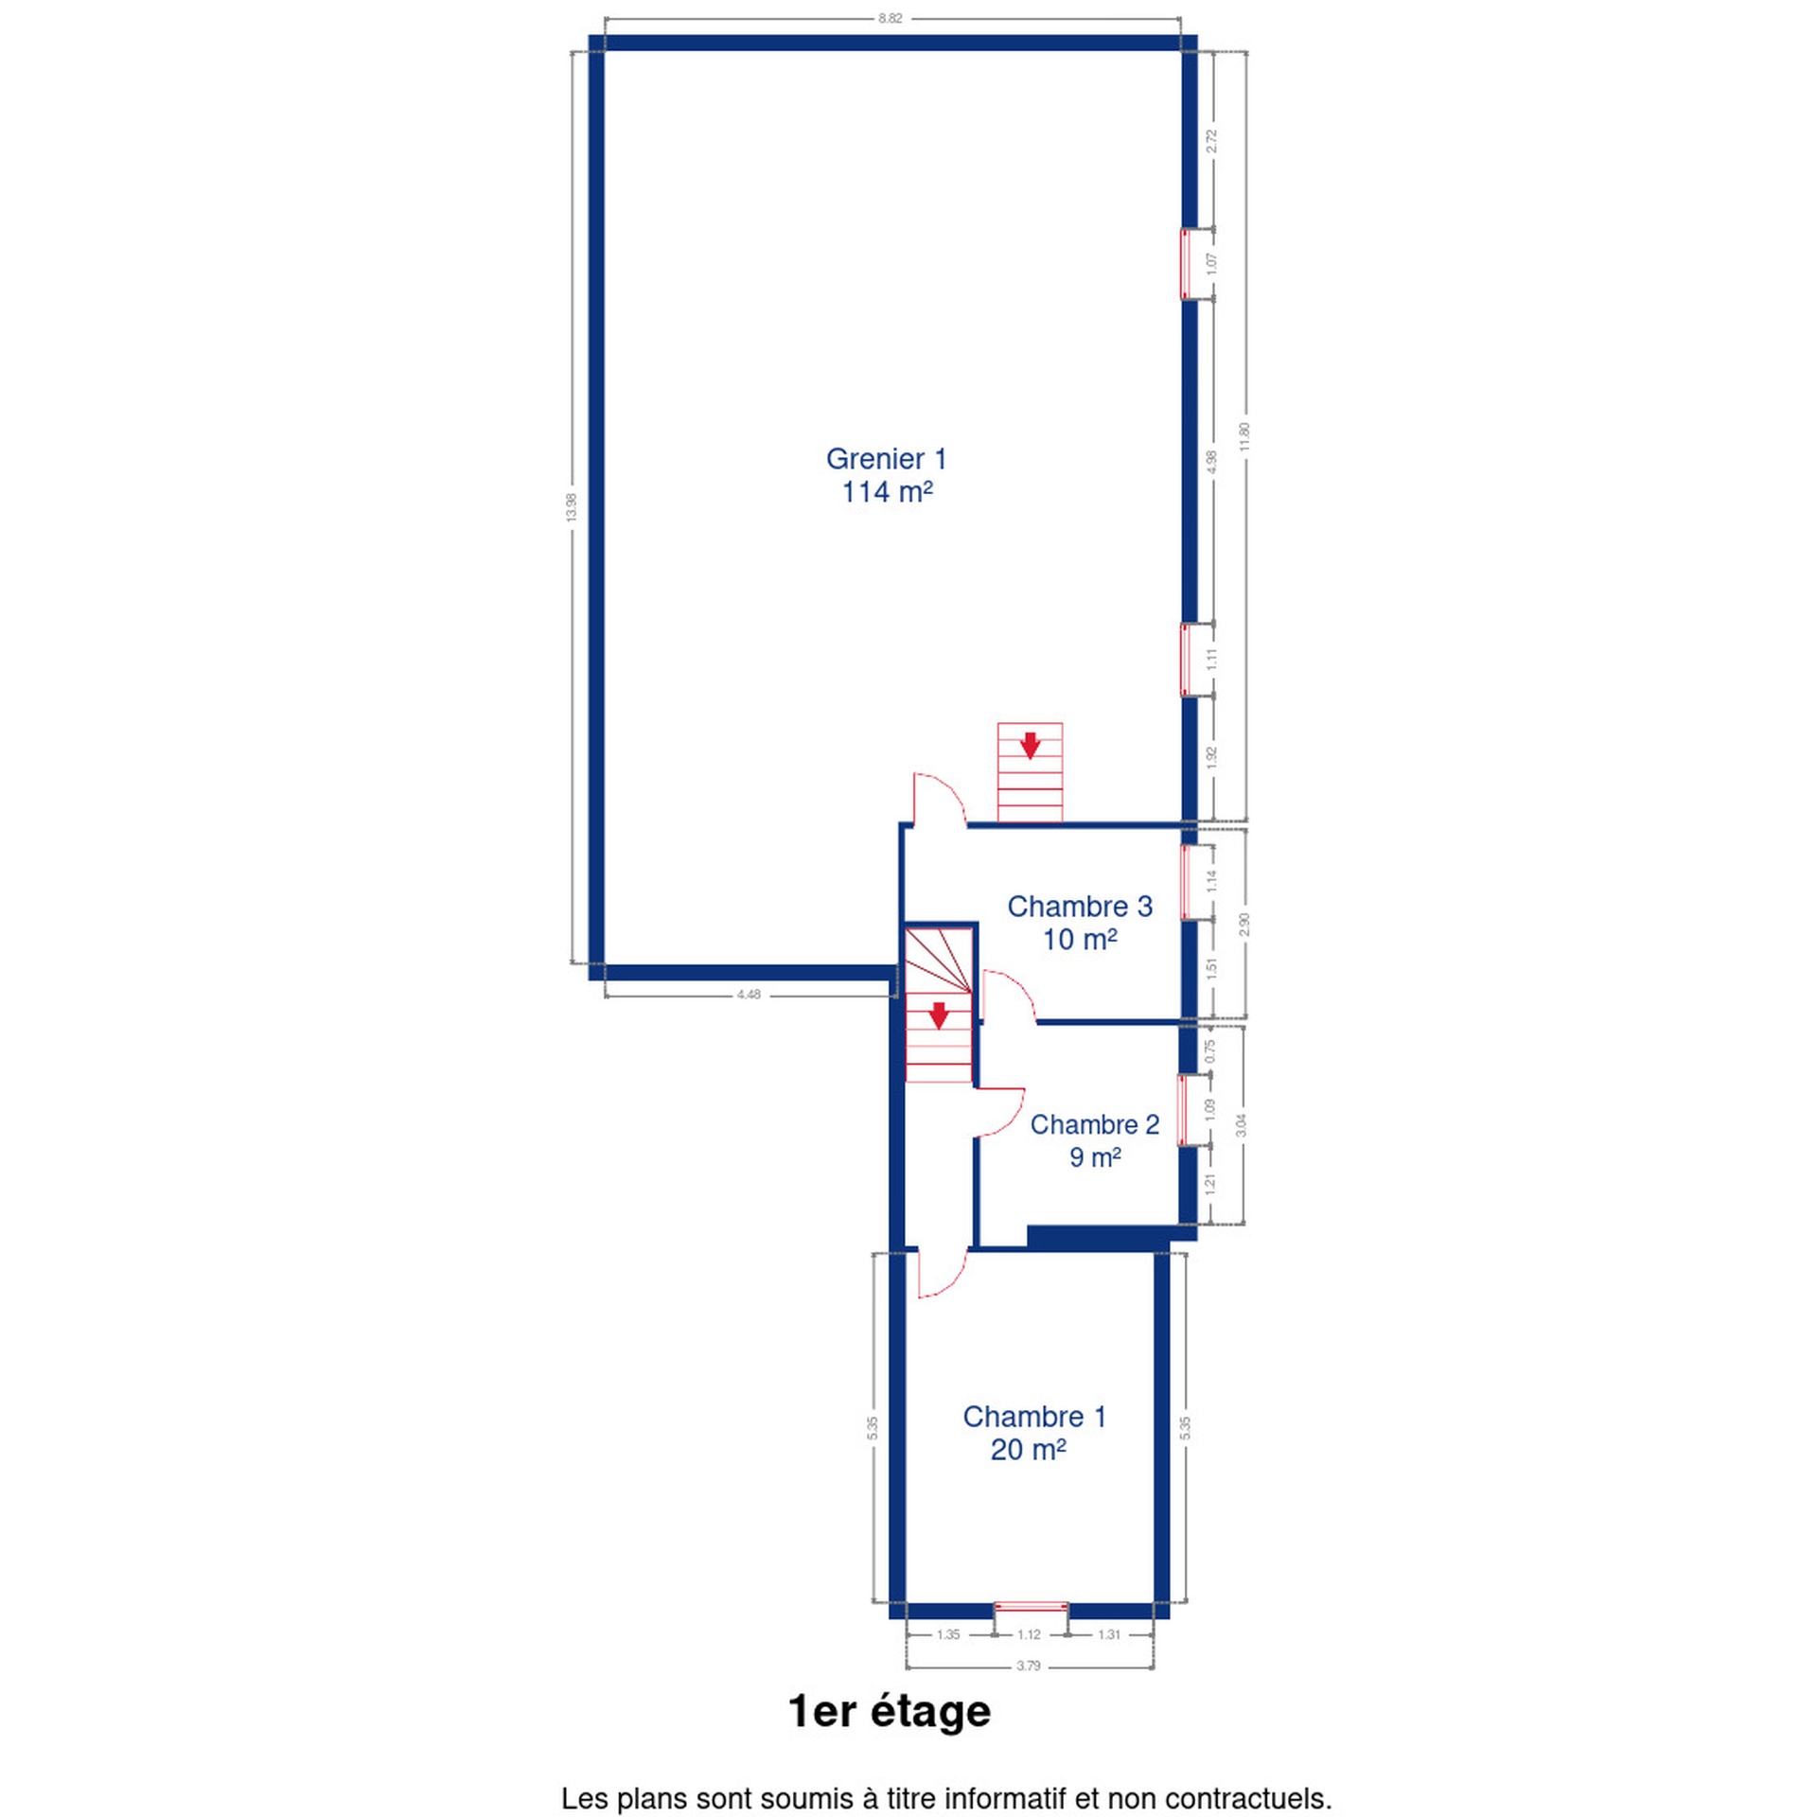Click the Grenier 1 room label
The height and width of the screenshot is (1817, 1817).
(886, 475)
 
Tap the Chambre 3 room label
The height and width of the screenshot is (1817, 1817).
(1080, 922)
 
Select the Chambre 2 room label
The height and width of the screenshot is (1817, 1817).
(1095, 1139)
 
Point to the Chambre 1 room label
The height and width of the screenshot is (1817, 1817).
(1033, 1432)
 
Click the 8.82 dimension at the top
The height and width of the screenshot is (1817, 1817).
(890, 18)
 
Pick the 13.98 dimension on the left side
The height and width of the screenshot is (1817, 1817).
(571, 507)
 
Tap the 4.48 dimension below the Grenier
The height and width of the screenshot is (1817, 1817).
(748, 995)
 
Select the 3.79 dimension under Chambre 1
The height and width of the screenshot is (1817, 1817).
(1028, 1692)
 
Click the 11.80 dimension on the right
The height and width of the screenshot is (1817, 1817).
(1244, 436)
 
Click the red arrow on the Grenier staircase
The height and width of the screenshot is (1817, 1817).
(1030, 745)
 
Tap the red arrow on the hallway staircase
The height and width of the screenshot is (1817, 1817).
(938, 1015)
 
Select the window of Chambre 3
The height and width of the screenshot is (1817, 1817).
(1185, 881)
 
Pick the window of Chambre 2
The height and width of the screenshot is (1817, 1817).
(1182, 1110)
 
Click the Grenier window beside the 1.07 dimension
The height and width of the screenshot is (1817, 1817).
(1185, 263)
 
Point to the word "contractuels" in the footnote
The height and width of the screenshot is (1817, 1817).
(1247, 1798)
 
